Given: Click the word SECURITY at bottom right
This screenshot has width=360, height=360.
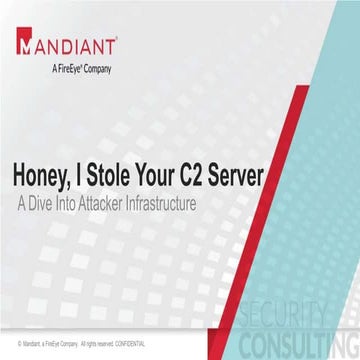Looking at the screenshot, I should [x=308, y=311].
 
